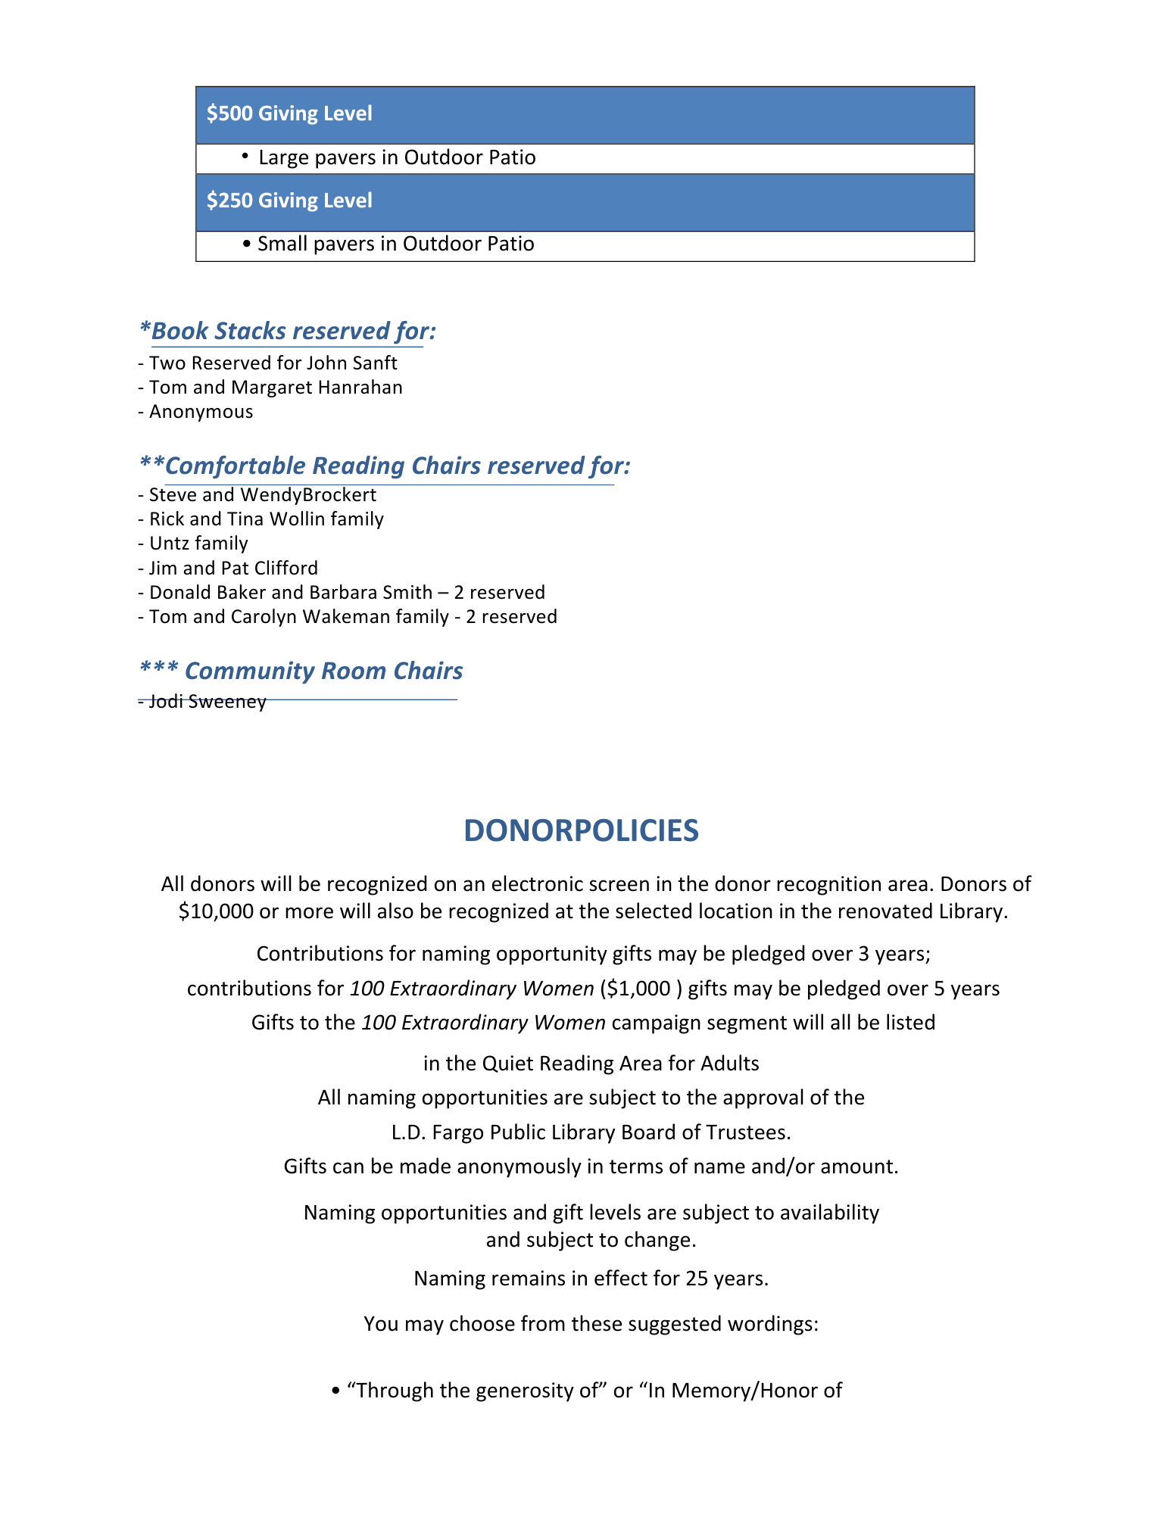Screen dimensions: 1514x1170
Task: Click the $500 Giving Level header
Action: tap(289, 114)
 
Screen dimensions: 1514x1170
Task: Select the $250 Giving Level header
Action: tap(289, 201)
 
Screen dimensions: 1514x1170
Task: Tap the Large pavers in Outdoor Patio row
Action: tap(397, 157)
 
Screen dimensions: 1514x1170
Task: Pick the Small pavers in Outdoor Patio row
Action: tap(395, 244)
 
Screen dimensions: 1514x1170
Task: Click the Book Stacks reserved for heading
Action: tap(288, 331)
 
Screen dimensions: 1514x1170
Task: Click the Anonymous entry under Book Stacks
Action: tap(201, 412)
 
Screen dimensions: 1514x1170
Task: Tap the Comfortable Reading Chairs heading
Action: tap(385, 466)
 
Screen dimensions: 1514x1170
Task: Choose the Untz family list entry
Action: tap(198, 544)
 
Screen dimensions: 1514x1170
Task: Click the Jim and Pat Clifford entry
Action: tap(233, 568)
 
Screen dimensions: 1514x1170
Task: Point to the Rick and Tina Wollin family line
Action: tap(266, 519)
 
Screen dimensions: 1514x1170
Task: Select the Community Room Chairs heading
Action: tap(301, 671)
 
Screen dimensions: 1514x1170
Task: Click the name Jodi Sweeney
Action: tap(207, 702)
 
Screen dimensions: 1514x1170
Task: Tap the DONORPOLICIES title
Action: tap(581, 830)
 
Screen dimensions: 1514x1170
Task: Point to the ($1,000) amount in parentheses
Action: tap(641, 989)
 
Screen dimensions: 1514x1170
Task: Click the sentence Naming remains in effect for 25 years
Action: tap(591, 1279)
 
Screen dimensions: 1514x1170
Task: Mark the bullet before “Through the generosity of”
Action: tap(335, 1391)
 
